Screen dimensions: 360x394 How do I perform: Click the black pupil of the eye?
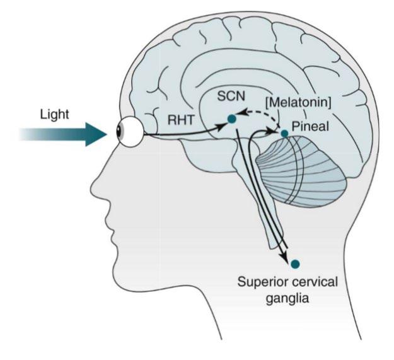120,132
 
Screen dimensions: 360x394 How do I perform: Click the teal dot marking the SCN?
232,119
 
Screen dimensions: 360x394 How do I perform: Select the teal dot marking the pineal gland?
285,133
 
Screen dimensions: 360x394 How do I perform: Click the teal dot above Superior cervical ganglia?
296,264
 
